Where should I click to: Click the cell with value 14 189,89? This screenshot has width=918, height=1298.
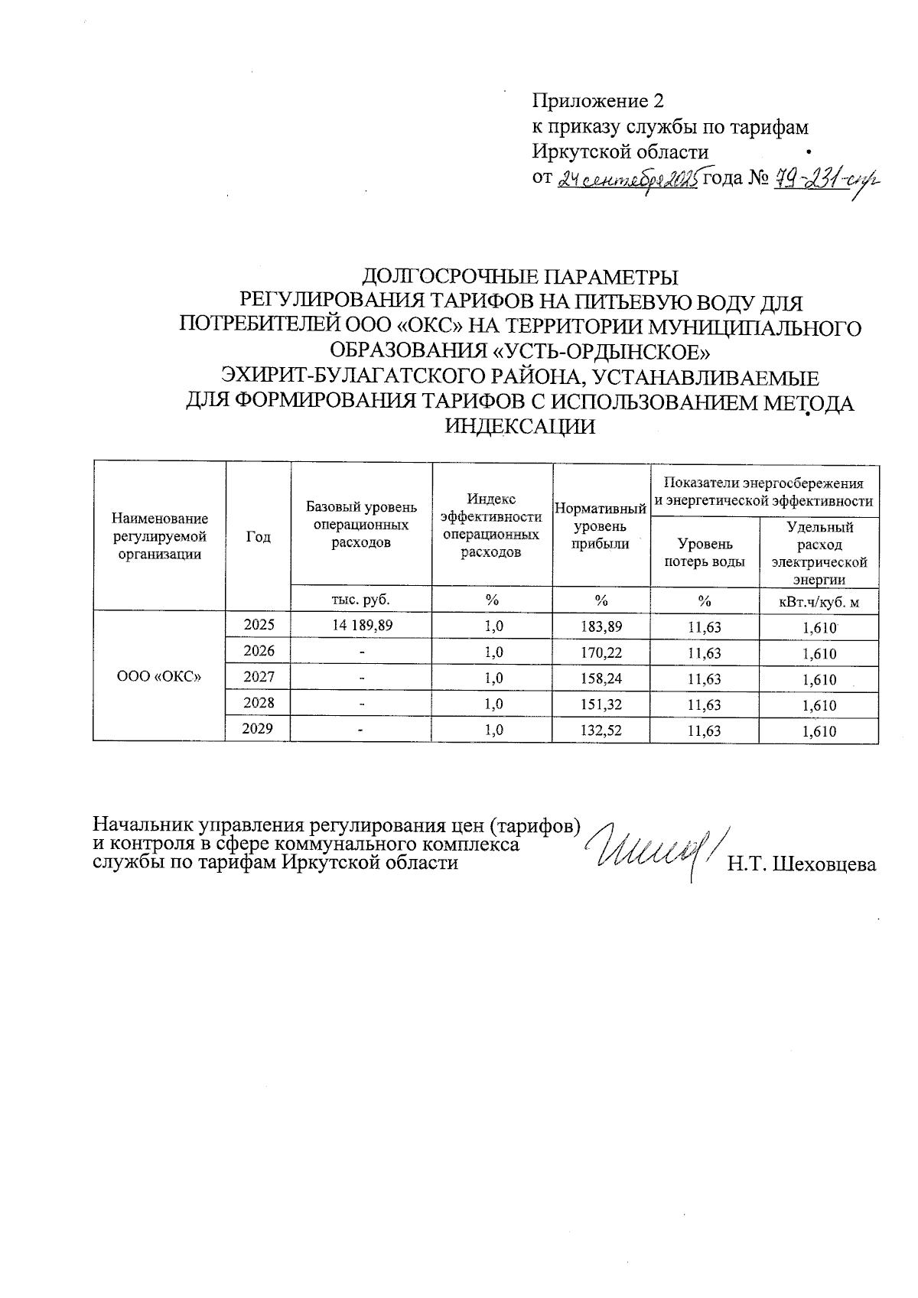click(361, 626)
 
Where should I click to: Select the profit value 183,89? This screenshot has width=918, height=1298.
click(601, 626)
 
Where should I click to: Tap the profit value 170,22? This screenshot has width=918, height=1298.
click(601, 652)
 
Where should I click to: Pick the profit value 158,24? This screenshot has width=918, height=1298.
click(601, 678)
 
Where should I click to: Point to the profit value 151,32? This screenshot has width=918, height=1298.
click(601, 704)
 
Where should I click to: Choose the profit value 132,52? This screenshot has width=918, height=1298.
click(601, 730)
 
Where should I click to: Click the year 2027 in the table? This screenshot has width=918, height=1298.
click(258, 676)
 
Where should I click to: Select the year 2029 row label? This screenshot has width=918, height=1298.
click(258, 728)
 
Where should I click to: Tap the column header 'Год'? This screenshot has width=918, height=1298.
click(258, 536)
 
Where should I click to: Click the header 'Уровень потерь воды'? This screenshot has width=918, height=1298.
click(704, 552)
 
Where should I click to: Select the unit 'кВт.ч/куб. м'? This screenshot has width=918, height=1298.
click(818, 602)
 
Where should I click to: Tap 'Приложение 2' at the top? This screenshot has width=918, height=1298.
click(597, 101)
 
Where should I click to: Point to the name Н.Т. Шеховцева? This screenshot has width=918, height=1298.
click(801, 864)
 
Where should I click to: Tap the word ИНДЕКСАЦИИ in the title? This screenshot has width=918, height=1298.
click(520, 427)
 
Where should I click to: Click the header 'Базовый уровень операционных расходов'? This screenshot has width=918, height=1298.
click(361, 525)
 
